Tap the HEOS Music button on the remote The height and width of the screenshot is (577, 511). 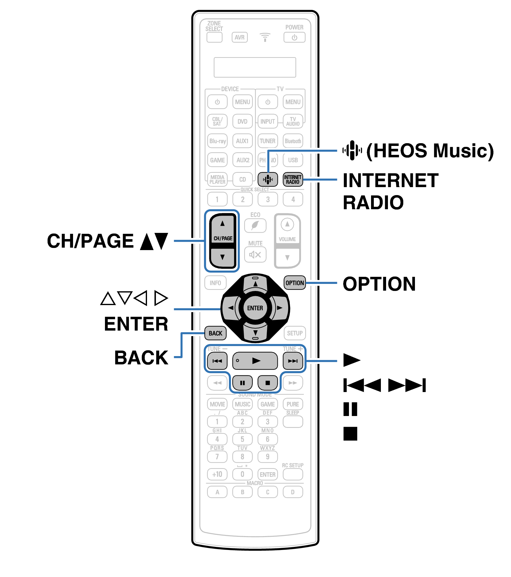(x=268, y=179)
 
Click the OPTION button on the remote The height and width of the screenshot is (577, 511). (x=295, y=283)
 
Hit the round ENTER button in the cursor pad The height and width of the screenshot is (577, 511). (x=255, y=308)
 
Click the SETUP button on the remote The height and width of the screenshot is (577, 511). (x=295, y=333)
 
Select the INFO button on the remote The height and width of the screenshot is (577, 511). (x=215, y=283)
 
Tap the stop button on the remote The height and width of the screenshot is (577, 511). (x=268, y=383)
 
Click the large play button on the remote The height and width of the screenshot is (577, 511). (x=255, y=361)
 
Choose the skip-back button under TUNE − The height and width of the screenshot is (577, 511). (x=217, y=361)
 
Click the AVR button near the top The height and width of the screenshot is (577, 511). (x=239, y=37)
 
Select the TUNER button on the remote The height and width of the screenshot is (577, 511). (x=268, y=141)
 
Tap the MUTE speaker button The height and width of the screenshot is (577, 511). (x=255, y=254)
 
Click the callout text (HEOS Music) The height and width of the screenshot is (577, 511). (x=430, y=151)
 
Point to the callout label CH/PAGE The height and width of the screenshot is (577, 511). (x=90, y=241)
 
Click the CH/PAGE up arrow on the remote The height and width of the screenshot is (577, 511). (x=223, y=224)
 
